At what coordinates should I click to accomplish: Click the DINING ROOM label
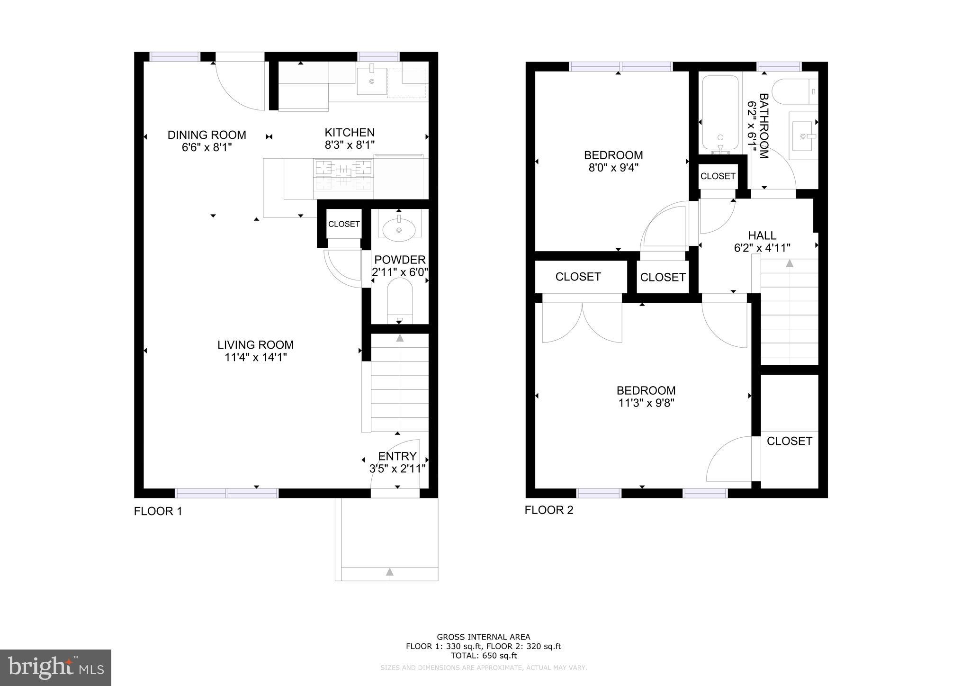pyautogui.click(x=207, y=135)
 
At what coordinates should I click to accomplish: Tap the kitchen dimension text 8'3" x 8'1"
pyautogui.click(x=350, y=145)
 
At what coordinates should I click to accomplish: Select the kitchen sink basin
pyautogui.click(x=371, y=81)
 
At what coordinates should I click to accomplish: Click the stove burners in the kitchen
pyautogui.click(x=343, y=173)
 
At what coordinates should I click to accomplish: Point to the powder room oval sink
pyautogui.click(x=399, y=230)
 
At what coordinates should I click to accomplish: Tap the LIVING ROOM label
pyautogui.click(x=255, y=345)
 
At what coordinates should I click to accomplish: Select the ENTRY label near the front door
pyautogui.click(x=397, y=456)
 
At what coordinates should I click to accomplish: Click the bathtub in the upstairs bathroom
pyautogui.click(x=720, y=114)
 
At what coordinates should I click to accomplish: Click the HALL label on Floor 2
pyautogui.click(x=762, y=235)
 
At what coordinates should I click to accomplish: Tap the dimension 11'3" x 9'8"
pyautogui.click(x=646, y=403)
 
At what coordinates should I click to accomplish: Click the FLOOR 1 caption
pyautogui.click(x=158, y=511)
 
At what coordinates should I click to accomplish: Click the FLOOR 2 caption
pyautogui.click(x=548, y=510)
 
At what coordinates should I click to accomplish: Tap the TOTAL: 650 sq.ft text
pyautogui.click(x=483, y=656)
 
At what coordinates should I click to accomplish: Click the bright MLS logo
pyautogui.click(x=55, y=668)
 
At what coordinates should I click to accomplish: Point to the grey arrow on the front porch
pyautogui.click(x=389, y=572)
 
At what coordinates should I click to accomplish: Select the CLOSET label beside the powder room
pyautogui.click(x=344, y=224)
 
